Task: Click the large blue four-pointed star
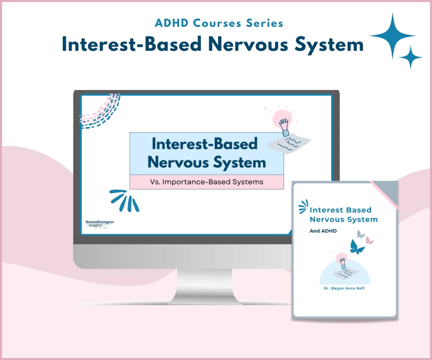coord(392,36)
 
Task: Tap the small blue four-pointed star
coord(410,57)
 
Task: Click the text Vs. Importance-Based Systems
coord(206,182)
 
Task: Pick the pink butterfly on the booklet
coord(370,240)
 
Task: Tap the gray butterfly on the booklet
coord(361,234)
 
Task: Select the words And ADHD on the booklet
coord(323,231)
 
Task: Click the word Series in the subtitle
coord(265,23)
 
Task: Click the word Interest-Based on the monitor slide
coord(204,144)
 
